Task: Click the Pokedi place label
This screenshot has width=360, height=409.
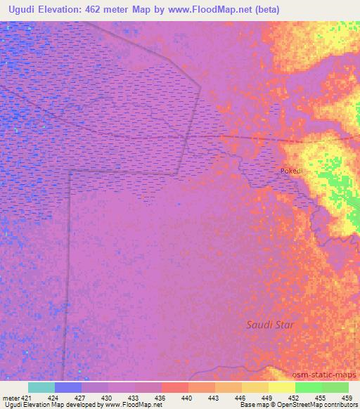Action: [x=292, y=171]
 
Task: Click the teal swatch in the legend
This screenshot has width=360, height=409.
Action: [x=41, y=387]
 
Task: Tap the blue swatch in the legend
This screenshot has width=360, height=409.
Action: [x=68, y=387]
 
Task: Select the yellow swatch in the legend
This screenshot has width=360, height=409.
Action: [x=281, y=387]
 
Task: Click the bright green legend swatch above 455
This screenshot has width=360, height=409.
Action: [x=308, y=387]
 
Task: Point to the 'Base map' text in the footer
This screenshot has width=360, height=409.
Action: [x=251, y=405]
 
